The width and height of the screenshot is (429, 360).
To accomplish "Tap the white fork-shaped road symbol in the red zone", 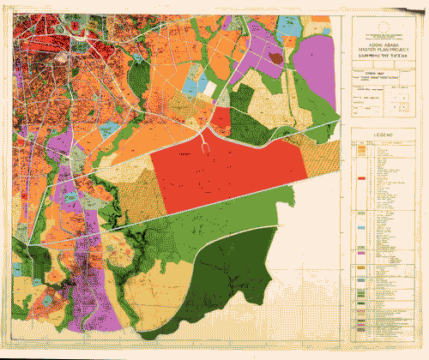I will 207,147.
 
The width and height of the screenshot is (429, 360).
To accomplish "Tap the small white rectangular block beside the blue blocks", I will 208,88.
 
